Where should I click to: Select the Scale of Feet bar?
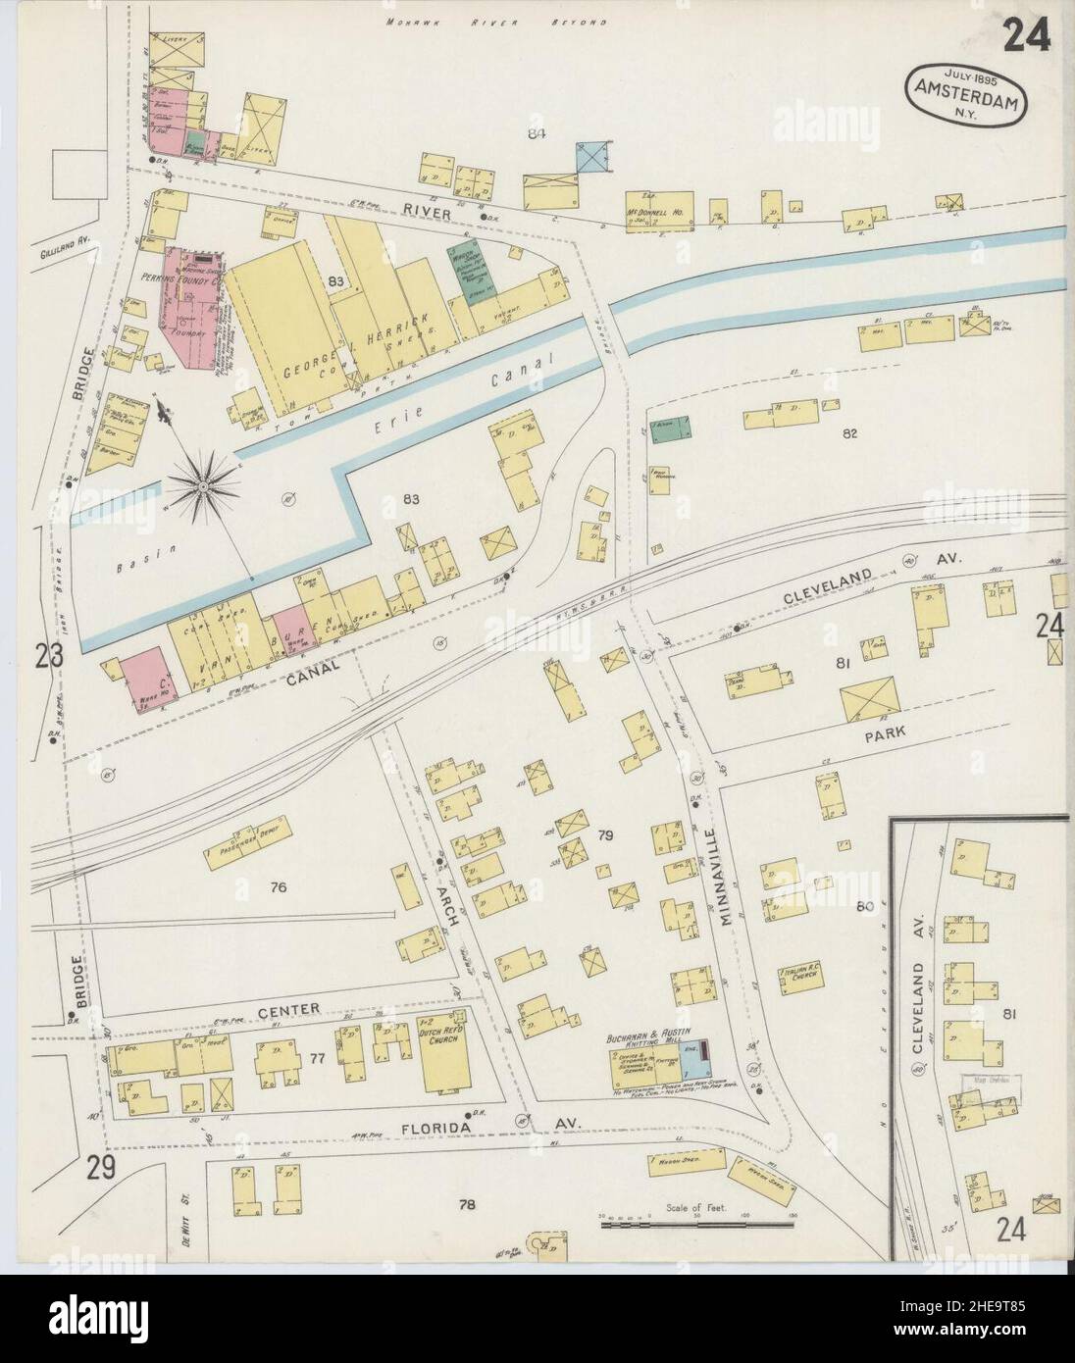point(695,1224)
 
